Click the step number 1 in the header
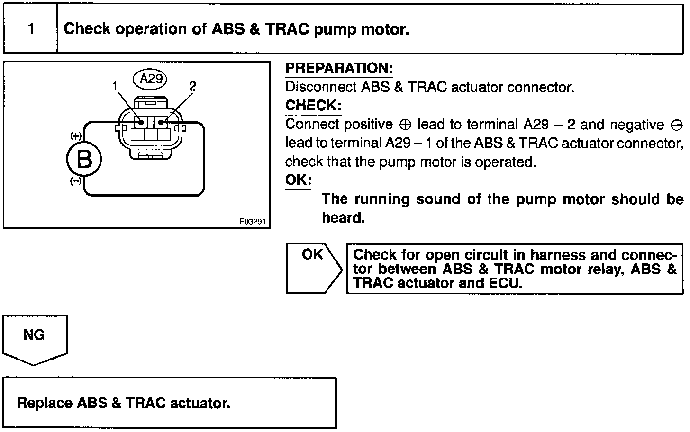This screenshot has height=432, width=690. [31, 29]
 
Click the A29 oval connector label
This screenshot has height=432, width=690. [151, 79]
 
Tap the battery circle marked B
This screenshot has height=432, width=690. [84, 160]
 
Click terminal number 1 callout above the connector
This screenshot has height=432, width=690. [114, 86]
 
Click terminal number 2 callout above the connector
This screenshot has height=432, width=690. [192, 86]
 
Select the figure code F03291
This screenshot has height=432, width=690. [253, 221]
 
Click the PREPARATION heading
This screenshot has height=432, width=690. [339, 69]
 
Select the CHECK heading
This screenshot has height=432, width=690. [313, 105]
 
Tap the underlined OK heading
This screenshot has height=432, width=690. [298, 180]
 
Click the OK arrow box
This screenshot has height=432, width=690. [313, 268]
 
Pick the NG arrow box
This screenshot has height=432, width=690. [34, 339]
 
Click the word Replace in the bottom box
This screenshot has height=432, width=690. [45, 403]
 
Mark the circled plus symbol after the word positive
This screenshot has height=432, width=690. [405, 125]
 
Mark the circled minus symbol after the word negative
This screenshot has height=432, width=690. [676, 125]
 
